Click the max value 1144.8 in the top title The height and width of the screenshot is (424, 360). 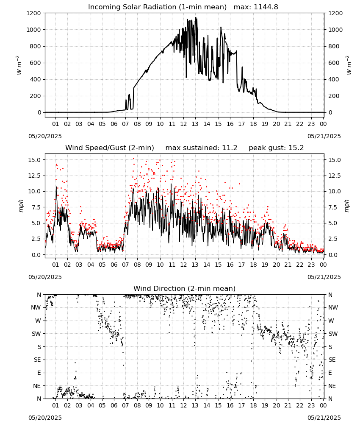click(266, 7)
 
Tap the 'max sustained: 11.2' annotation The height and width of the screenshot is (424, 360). click(201, 148)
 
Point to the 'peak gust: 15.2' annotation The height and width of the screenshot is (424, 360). click(276, 148)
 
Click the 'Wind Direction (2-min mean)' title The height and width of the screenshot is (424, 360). click(185, 288)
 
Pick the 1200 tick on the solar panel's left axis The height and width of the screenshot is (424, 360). click(33, 13)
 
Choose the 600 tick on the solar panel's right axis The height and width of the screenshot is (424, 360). click(334, 63)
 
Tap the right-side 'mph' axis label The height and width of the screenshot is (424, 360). click(347, 206)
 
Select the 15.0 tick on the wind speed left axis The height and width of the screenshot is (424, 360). click(35, 160)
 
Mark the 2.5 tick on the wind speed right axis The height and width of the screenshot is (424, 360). click(332, 239)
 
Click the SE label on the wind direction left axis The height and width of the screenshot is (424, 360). click(37, 360)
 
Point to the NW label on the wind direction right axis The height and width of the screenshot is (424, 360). click(333, 308)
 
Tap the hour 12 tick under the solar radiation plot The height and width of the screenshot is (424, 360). click(183, 124)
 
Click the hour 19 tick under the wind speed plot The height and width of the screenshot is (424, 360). click(265, 265)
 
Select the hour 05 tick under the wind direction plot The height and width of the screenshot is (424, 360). click(102, 406)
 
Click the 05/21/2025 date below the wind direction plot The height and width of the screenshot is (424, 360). click(324, 418)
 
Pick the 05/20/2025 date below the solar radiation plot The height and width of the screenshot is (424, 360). click(45, 136)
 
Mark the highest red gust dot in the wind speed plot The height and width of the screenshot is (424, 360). click(133, 159)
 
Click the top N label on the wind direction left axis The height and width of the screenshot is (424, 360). click(39, 295)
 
